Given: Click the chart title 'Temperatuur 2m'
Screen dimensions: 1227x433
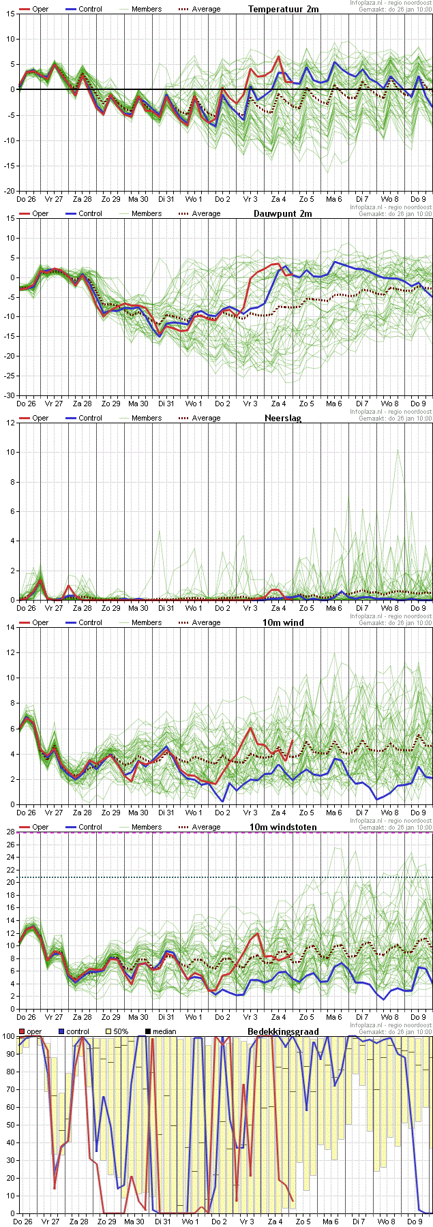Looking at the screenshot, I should click(283, 9).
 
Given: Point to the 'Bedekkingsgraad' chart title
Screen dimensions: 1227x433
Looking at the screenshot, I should click(283, 1031).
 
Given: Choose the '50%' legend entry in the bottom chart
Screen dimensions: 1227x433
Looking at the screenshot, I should click(120, 1031).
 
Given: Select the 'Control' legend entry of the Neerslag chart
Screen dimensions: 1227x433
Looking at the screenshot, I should click(90, 418).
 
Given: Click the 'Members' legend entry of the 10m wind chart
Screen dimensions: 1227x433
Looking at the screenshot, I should click(147, 622).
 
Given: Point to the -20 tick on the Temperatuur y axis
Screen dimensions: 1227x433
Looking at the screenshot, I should click(8, 192).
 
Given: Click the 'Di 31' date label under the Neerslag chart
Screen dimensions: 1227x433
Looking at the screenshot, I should click(166, 608).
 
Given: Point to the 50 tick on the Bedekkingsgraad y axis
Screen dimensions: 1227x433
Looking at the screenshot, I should click(8, 1125).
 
